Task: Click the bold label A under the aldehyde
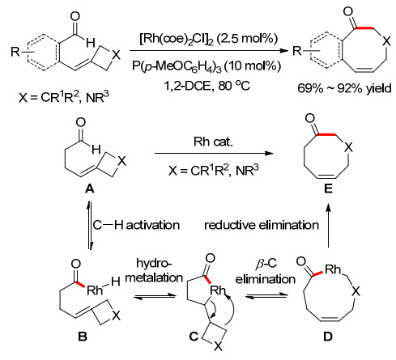pyautogui.click(x=90, y=189)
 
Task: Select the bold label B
pyautogui.click(x=83, y=337)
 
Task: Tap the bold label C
pyautogui.click(x=194, y=337)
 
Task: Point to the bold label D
pyautogui.click(x=328, y=337)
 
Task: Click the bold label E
pyautogui.click(x=328, y=188)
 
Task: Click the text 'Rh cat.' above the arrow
pyautogui.click(x=213, y=142)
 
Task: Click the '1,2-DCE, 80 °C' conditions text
pyautogui.click(x=207, y=86)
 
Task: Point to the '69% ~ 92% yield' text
pyautogui.click(x=344, y=88)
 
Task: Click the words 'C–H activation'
pyautogui.click(x=136, y=225)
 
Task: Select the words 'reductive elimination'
pyautogui.click(x=262, y=225)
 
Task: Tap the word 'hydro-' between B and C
pyautogui.click(x=154, y=263)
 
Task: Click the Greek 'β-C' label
pyautogui.click(x=266, y=263)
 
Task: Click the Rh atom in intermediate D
pyautogui.click(x=333, y=269)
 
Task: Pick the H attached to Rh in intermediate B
pyautogui.click(x=115, y=282)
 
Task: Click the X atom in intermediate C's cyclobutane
pyautogui.click(x=219, y=346)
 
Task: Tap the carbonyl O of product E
pyautogui.click(x=310, y=118)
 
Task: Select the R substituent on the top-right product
pyautogui.click(x=297, y=50)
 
